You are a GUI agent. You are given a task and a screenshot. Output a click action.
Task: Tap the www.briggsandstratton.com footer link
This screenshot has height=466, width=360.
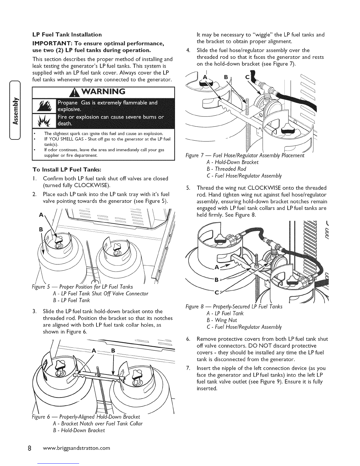click(76, 448)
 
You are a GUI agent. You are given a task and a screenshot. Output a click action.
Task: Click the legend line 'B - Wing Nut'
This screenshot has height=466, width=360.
click(222, 320)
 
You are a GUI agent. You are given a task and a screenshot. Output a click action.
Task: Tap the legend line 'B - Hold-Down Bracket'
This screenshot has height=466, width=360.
click(79, 430)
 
